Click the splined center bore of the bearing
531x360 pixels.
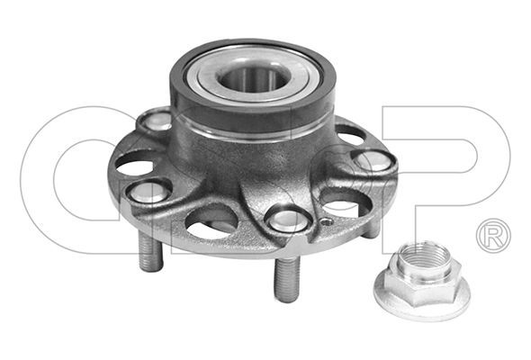(251, 79)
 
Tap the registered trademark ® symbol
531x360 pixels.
(493, 236)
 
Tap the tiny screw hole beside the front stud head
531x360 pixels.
(326, 222)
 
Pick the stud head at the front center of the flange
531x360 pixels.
(288, 220)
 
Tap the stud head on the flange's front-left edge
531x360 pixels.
(148, 191)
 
